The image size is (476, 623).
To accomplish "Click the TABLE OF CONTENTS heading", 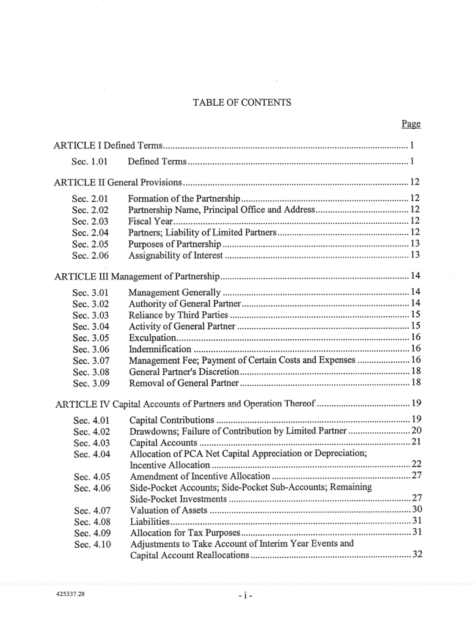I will [242, 103].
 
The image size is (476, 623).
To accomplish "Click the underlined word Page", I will [411, 124].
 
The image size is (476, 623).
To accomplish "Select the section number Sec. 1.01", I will [90, 161].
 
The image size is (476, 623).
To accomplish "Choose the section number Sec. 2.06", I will [90, 255].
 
